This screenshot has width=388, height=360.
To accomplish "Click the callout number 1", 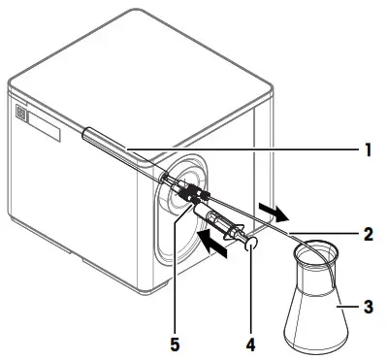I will pos(367,149).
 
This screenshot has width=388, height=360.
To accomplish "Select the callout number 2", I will pos(367,234).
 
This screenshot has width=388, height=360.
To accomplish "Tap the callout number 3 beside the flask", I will pos(367,308).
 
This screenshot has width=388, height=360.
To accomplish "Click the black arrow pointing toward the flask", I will pos(274,211).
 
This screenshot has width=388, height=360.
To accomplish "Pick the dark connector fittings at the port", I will pos(184,193).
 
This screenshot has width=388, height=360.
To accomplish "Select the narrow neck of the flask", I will pos(314,277).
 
